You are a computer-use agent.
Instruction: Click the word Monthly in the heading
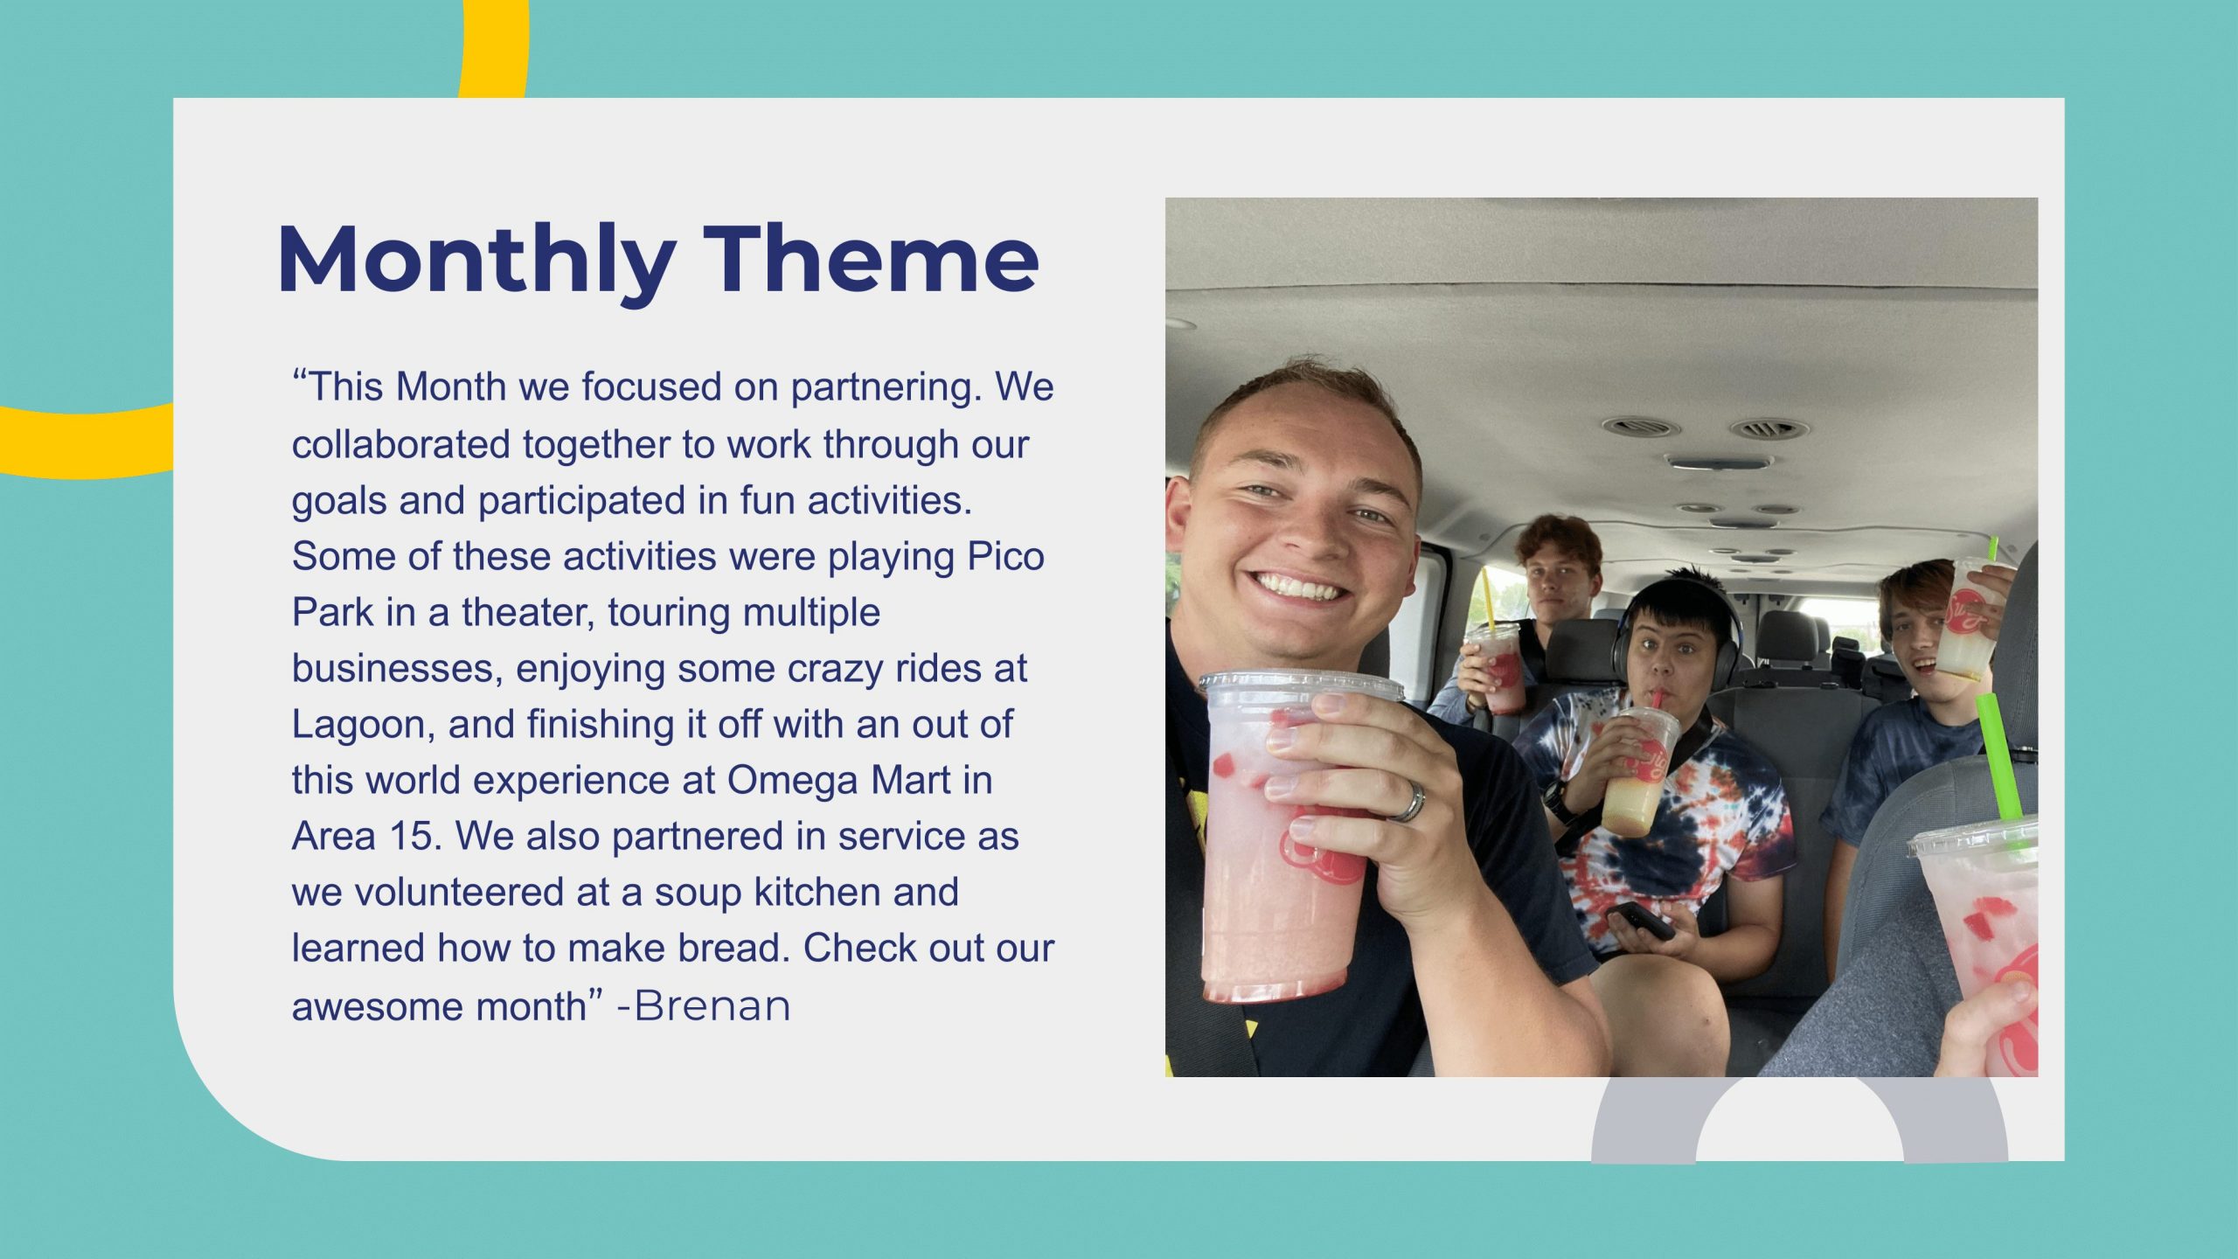pyautogui.click(x=476, y=261)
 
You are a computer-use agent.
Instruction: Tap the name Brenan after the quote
pyautogui.click(x=712, y=1005)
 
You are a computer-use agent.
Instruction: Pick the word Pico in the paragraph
pyautogui.click(x=1005, y=556)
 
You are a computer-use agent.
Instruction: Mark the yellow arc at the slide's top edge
pyautogui.click(x=495, y=49)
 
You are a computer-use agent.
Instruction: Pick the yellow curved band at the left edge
pyautogui.click(x=87, y=442)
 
